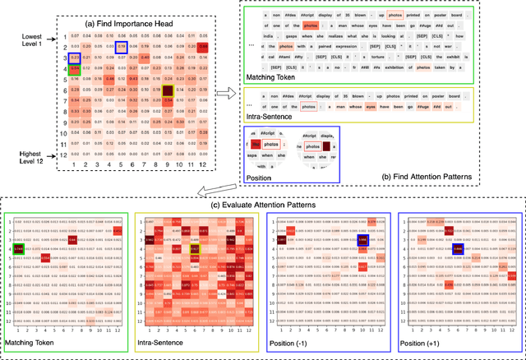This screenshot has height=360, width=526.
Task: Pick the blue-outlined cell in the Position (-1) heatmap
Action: coord(362,242)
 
